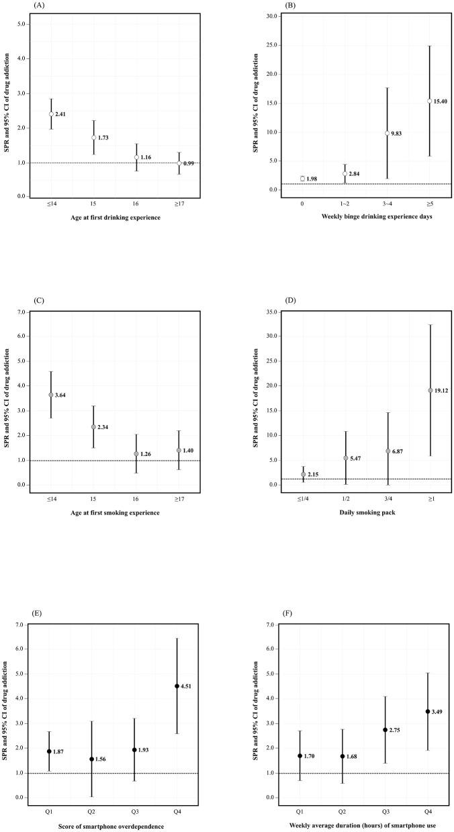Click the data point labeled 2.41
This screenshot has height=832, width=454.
pos(51,114)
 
